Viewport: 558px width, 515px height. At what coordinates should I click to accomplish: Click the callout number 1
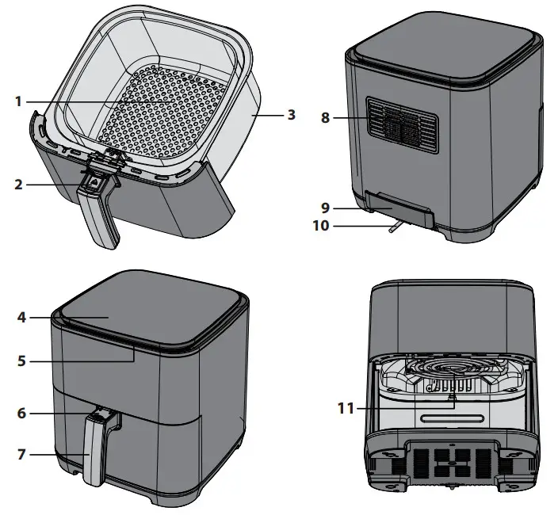point(19,101)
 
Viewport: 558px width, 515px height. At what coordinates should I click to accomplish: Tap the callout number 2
point(19,185)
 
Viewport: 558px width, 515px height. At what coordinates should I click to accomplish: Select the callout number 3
point(291,114)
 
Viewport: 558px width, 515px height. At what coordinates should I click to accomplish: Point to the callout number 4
point(21,317)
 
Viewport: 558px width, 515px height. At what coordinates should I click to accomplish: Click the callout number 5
point(21,360)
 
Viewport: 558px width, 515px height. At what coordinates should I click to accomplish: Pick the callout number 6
point(21,413)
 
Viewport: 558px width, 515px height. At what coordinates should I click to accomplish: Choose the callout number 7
point(21,454)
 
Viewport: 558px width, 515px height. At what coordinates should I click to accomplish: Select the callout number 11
point(344,408)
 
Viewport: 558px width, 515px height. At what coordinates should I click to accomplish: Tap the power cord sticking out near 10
point(395,228)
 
